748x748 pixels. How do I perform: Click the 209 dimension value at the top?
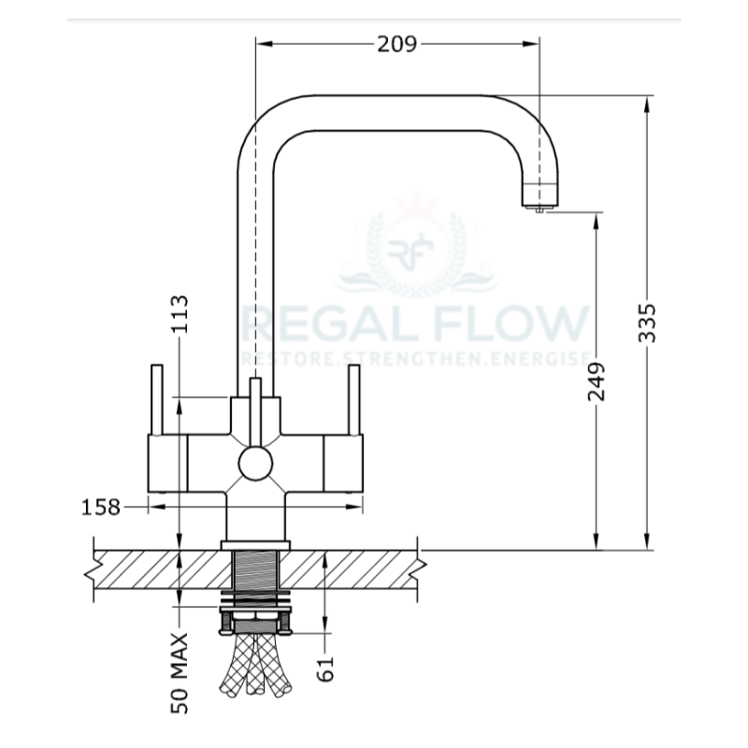point(397,44)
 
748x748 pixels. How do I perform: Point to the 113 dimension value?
point(180,314)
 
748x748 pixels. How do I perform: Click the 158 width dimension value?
point(101,508)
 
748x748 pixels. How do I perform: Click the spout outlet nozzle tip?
point(539,208)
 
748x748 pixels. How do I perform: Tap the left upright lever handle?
point(157,399)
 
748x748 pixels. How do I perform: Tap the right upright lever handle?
point(353,399)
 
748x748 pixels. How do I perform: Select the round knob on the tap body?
point(254,463)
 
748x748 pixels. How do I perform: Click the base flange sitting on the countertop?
point(255,544)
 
